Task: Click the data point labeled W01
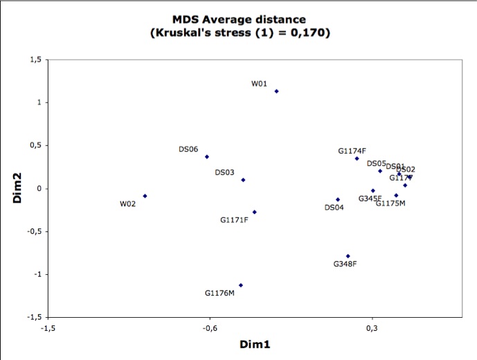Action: pos(276,91)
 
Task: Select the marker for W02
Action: pos(145,196)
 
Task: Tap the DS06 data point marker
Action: pos(206,156)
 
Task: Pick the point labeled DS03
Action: pos(243,180)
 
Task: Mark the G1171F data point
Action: pos(254,212)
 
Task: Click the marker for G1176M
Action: pos(240,285)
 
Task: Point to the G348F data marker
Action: pos(348,256)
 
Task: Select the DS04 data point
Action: pos(338,199)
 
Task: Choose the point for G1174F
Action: pos(357,159)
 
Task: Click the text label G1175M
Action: pos(390,204)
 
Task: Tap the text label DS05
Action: pos(376,164)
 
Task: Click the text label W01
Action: pos(259,84)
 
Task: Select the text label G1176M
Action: pos(219,294)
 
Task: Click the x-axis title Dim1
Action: pos(255,344)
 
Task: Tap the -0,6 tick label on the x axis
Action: pos(210,329)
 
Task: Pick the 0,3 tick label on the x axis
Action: pos(372,329)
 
